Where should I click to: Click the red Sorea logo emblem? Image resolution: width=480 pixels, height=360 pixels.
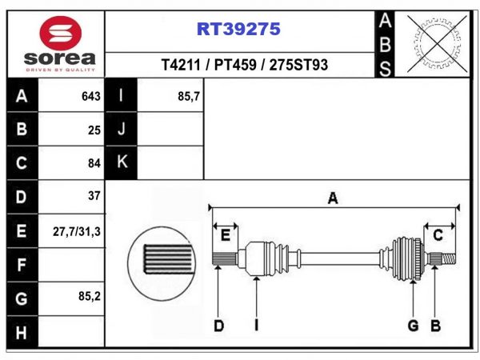60,33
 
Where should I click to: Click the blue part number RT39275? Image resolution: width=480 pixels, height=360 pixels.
238,29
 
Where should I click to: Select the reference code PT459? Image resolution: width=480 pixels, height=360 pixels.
235,65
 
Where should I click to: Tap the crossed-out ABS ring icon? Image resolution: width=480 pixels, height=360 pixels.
437,43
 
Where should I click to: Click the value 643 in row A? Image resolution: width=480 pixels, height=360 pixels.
91,97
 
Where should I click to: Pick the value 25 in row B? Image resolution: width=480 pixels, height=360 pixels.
94,130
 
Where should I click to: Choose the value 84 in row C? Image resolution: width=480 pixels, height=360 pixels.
94,163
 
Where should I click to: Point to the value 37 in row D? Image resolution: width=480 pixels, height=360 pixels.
94,196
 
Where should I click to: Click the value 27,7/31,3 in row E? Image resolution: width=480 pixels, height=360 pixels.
77,232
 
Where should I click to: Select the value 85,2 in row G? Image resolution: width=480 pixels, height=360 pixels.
90,296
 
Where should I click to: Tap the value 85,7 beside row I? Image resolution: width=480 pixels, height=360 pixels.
189,97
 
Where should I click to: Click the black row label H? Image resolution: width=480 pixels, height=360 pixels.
21,333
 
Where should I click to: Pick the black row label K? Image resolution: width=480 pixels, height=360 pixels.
122,162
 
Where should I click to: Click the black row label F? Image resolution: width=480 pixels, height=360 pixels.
21,265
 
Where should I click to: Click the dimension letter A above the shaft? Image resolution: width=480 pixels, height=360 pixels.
333,198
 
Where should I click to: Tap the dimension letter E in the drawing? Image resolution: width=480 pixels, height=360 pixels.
226,235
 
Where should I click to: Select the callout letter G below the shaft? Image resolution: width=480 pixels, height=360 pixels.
413,326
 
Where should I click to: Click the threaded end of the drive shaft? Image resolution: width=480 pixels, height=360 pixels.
449,259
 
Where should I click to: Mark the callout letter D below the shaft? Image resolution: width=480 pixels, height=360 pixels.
218,326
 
